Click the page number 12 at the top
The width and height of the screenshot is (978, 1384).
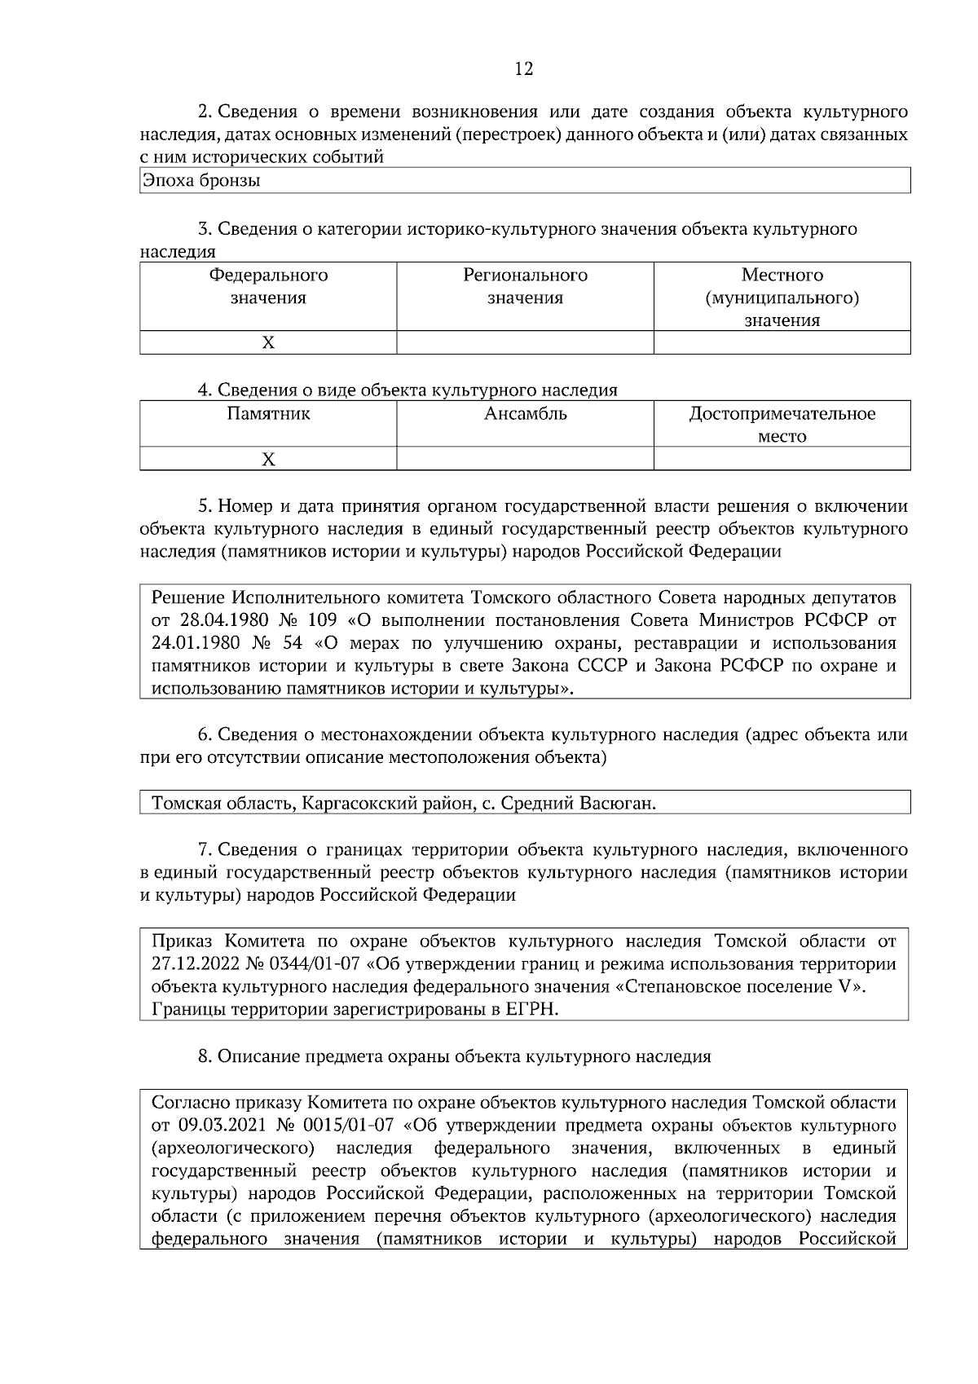point(524,69)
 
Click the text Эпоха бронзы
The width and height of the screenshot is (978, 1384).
point(201,181)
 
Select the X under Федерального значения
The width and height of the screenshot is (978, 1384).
point(268,343)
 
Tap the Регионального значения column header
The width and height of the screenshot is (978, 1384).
point(525,286)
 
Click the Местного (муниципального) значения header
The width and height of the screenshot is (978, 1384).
point(782,298)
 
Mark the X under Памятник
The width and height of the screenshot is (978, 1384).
point(268,459)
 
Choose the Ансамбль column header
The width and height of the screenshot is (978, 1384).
point(525,413)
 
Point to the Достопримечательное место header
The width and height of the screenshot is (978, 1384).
point(782,424)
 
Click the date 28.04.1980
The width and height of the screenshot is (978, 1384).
point(227,620)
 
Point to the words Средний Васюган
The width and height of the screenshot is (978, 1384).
point(576,804)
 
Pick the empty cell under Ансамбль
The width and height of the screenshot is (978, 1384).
point(525,459)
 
